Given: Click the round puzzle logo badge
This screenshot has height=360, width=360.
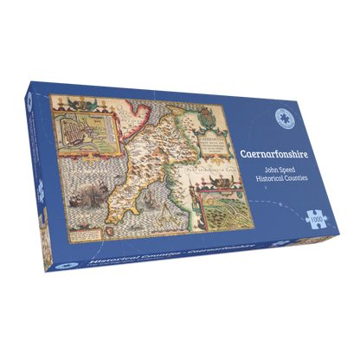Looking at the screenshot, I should [x=280, y=122].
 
